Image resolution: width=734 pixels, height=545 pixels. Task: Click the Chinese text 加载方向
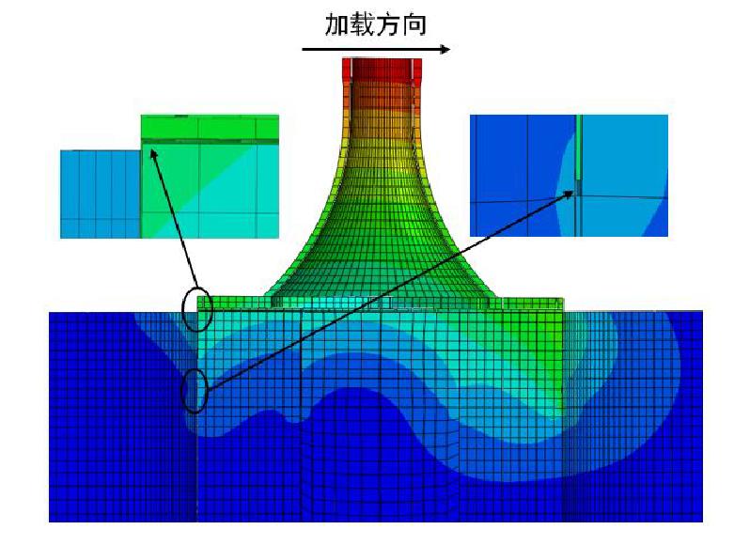pos(375,24)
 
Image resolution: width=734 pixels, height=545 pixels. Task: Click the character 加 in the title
pos(337,24)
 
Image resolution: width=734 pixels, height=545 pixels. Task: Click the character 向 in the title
pos(414,24)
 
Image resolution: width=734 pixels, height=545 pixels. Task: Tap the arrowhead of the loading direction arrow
pos(445,49)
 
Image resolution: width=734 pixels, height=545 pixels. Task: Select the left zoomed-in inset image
pos(169,177)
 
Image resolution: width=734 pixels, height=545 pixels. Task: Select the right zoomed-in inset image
pos(569,175)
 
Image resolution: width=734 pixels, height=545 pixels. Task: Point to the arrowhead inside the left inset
pos(152,153)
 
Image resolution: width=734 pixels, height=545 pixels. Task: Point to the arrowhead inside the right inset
pos(569,193)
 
